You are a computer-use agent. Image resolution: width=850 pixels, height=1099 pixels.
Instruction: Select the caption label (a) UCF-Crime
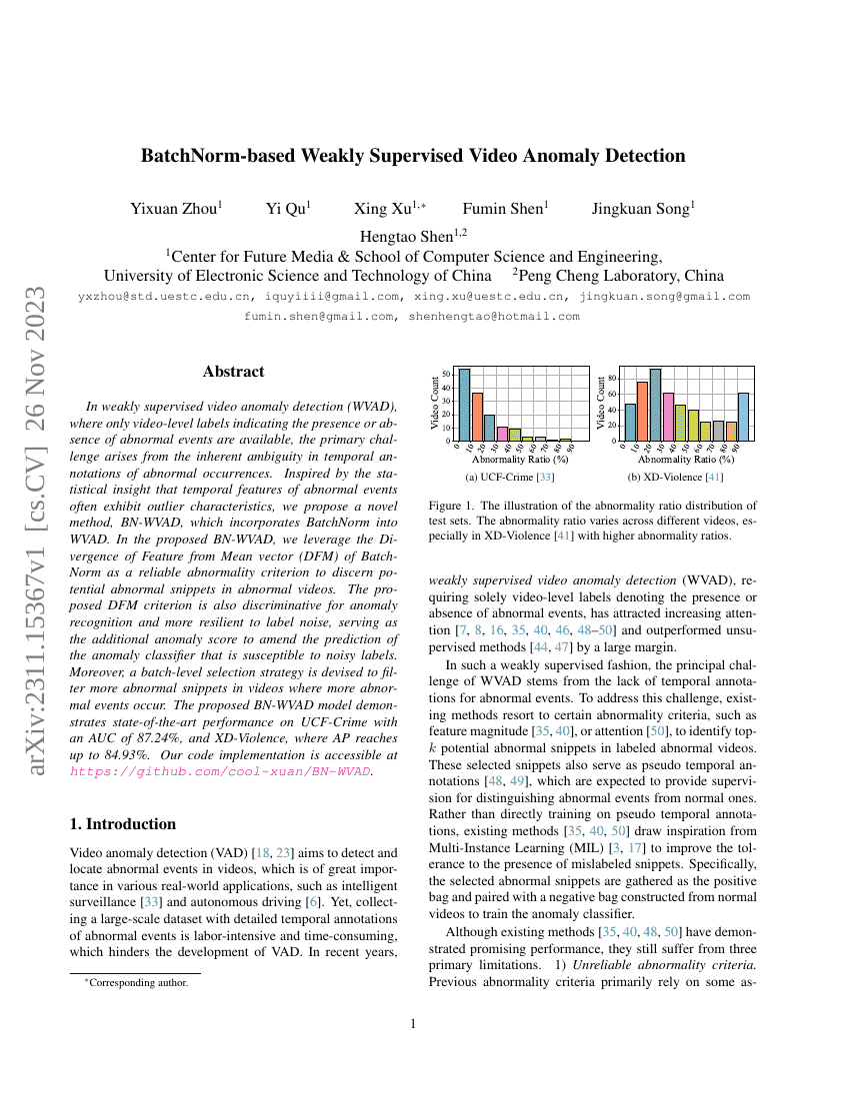504,478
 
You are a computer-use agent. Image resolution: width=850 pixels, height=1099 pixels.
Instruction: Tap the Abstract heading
233,372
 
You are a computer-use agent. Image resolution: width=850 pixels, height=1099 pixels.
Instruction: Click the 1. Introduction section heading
121,824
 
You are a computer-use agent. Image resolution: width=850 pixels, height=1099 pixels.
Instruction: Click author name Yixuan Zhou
176,209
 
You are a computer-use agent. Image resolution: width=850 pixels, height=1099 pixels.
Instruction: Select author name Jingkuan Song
643,209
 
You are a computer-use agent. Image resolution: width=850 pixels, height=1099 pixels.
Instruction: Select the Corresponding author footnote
134,982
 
